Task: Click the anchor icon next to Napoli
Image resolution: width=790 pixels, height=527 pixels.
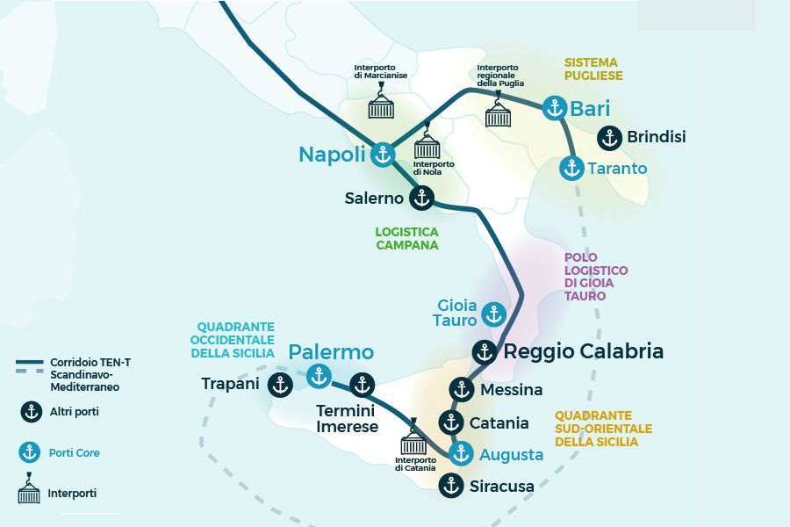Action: tap(382, 155)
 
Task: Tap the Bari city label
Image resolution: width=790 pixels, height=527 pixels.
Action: tap(590, 109)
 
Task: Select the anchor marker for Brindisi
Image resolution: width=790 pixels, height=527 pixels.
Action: tap(609, 138)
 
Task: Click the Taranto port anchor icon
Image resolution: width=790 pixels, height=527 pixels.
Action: tap(572, 168)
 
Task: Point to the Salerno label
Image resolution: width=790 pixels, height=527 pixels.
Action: tap(374, 199)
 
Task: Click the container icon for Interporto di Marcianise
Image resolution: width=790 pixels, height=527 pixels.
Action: tap(381, 105)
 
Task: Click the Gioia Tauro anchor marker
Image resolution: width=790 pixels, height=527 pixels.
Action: tap(494, 314)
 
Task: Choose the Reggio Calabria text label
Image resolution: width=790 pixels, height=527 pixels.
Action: tap(583, 352)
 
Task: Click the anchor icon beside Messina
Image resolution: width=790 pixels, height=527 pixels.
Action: tap(461, 389)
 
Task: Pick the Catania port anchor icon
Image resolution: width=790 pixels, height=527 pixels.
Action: tap(451, 423)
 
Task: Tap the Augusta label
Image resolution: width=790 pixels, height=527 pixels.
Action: tap(512, 455)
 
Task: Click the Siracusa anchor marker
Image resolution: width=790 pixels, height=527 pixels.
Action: tap(450, 485)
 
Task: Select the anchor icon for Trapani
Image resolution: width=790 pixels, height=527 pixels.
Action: tap(280, 384)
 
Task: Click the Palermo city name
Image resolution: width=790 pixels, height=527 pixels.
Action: tap(331, 352)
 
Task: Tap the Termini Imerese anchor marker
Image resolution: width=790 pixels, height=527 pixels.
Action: tap(362, 385)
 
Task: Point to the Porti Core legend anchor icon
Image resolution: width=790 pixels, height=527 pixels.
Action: tap(30, 453)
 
